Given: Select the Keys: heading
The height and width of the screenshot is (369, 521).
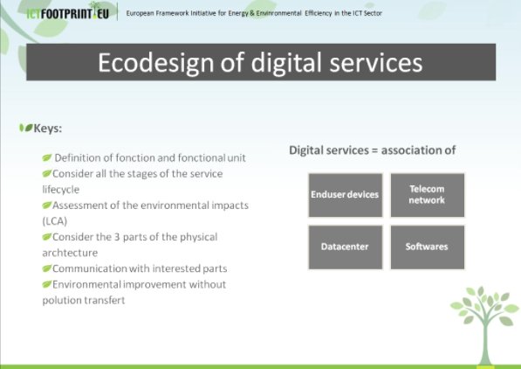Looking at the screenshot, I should (x=47, y=128).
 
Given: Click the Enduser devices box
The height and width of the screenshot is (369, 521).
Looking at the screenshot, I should (x=345, y=194).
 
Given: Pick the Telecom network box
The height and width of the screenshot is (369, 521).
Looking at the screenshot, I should (x=427, y=194).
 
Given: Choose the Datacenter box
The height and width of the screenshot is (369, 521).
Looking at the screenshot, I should (x=345, y=247).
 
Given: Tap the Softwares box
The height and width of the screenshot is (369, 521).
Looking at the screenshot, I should (x=427, y=247).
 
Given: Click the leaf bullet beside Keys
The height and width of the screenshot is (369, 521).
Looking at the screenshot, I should (x=25, y=128).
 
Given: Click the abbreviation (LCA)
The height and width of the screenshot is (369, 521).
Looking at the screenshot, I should (x=55, y=221).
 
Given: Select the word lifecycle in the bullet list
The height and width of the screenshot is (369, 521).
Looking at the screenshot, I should (x=61, y=189).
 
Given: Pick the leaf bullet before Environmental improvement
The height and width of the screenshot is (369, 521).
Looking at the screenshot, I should (x=46, y=284).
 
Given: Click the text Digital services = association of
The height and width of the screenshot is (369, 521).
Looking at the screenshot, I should (x=373, y=150).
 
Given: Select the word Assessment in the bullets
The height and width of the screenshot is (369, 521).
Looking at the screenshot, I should (x=81, y=205).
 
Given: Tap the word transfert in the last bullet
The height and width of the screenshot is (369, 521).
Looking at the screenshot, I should (x=103, y=300).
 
